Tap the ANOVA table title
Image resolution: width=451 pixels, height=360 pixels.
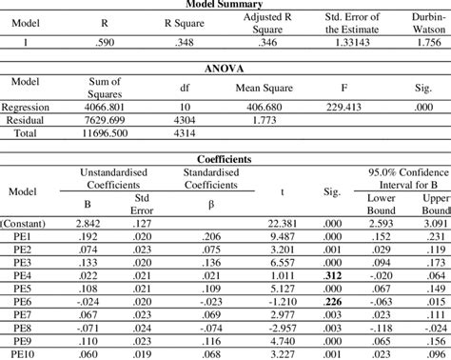[225, 68]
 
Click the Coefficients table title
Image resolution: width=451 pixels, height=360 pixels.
[225, 159]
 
